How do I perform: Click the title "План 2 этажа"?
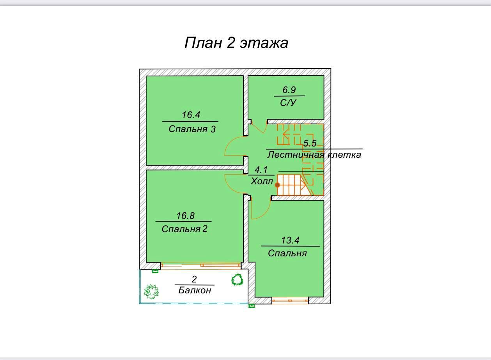[236, 42]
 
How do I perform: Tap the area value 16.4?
[191, 115]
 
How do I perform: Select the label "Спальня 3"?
[192, 129]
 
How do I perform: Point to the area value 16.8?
[185, 216]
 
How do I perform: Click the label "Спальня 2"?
[184, 229]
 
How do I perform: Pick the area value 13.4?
[290, 240]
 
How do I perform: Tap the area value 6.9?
[289, 90]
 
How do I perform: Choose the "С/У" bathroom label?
[288, 103]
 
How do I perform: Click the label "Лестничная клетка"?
[314, 155]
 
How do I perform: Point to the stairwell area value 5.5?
[310, 143]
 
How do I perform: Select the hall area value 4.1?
[261, 170]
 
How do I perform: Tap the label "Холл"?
[262, 181]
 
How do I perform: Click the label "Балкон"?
[195, 290]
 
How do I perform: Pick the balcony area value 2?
[194, 279]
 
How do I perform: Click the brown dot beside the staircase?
[277, 185]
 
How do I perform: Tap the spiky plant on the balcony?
[151, 292]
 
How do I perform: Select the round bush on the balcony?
[237, 280]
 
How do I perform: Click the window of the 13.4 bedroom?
[290, 300]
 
